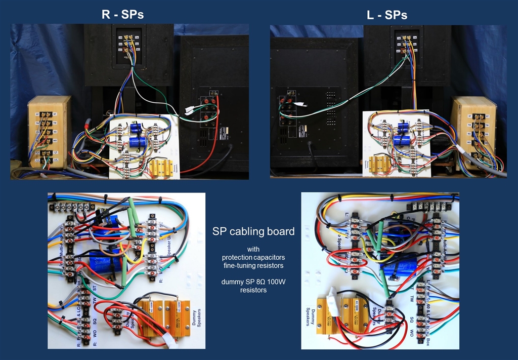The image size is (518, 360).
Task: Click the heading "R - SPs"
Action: coord(122,14)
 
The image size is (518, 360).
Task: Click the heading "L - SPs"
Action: coord(387,14)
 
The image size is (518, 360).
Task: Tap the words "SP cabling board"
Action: coord(253,231)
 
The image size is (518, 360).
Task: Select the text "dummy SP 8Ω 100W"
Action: coord(253,282)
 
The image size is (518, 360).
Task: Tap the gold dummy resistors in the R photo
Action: coord(160,168)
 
